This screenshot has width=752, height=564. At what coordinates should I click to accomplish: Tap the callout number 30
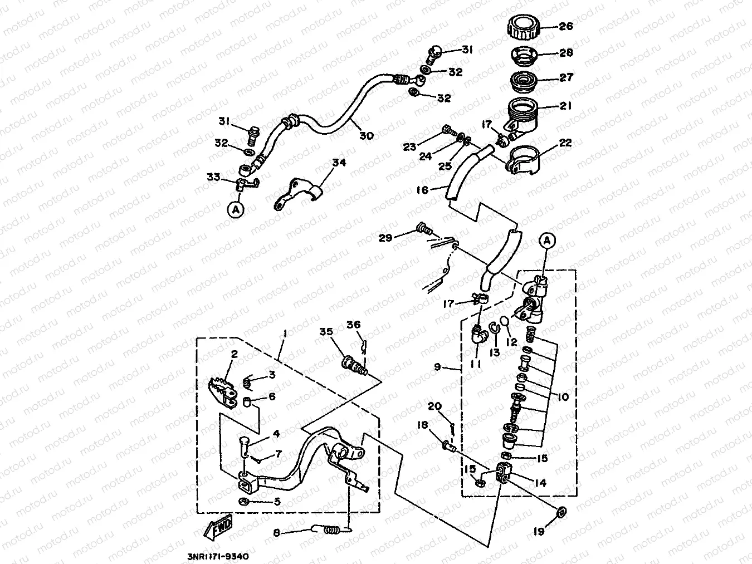point(366,135)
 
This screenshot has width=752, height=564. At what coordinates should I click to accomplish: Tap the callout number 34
point(339,163)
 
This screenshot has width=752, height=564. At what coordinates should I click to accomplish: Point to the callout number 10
point(563,396)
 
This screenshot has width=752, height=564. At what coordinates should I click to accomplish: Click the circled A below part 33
point(236,210)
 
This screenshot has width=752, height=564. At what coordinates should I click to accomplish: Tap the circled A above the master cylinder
point(547,240)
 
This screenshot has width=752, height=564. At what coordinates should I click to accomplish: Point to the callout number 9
point(437,367)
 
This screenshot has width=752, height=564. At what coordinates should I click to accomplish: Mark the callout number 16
point(422,190)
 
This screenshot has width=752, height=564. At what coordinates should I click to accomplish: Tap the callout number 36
point(354,325)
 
